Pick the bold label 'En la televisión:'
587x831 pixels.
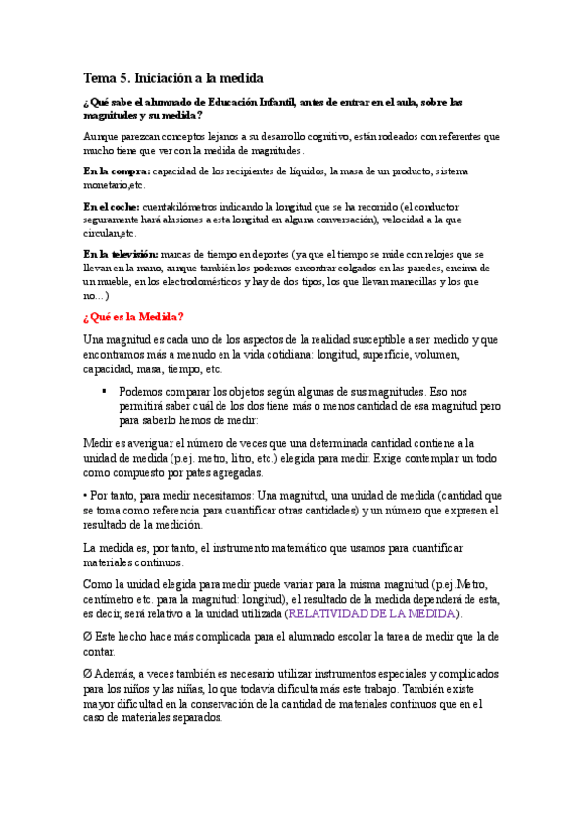click(x=120, y=255)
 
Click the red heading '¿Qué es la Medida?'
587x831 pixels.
click(x=134, y=317)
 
